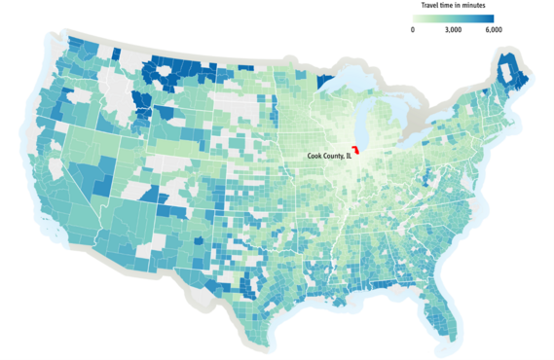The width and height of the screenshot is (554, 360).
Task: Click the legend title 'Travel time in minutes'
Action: (454, 5)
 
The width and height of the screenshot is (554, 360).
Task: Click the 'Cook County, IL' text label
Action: (325, 157)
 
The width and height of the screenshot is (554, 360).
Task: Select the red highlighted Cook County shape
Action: (357, 153)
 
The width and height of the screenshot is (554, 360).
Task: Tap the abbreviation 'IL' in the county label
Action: (347, 157)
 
